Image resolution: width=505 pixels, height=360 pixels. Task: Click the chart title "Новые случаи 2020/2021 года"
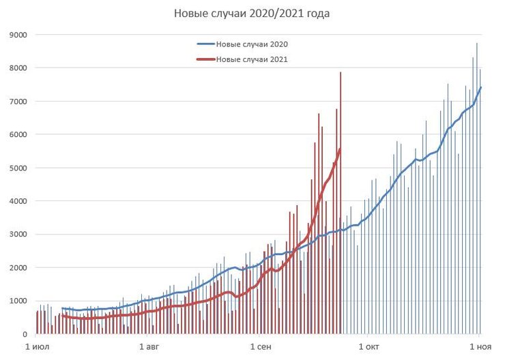coord(252,13)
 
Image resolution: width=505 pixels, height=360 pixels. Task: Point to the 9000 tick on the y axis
coord(18,35)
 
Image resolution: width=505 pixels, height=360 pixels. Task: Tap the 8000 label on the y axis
coord(18,68)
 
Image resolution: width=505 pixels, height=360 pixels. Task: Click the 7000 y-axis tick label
coord(18,102)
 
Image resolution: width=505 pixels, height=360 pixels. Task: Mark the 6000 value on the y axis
coord(18,135)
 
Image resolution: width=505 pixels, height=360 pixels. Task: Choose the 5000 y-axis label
coord(18,168)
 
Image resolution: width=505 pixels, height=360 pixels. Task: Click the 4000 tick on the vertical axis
coord(18,201)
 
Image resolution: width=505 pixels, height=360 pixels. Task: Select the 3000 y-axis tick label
coord(18,235)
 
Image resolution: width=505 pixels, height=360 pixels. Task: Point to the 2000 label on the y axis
coord(18,268)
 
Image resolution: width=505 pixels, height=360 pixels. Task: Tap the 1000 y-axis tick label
coord(18,301)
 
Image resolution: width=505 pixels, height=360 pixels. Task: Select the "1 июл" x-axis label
coord(36,348)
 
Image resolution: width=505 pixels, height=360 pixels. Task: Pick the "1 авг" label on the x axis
coord(147,348)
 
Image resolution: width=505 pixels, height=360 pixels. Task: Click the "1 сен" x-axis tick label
coord(259,348)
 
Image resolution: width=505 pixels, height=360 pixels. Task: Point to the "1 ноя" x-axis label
coord(480,348)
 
